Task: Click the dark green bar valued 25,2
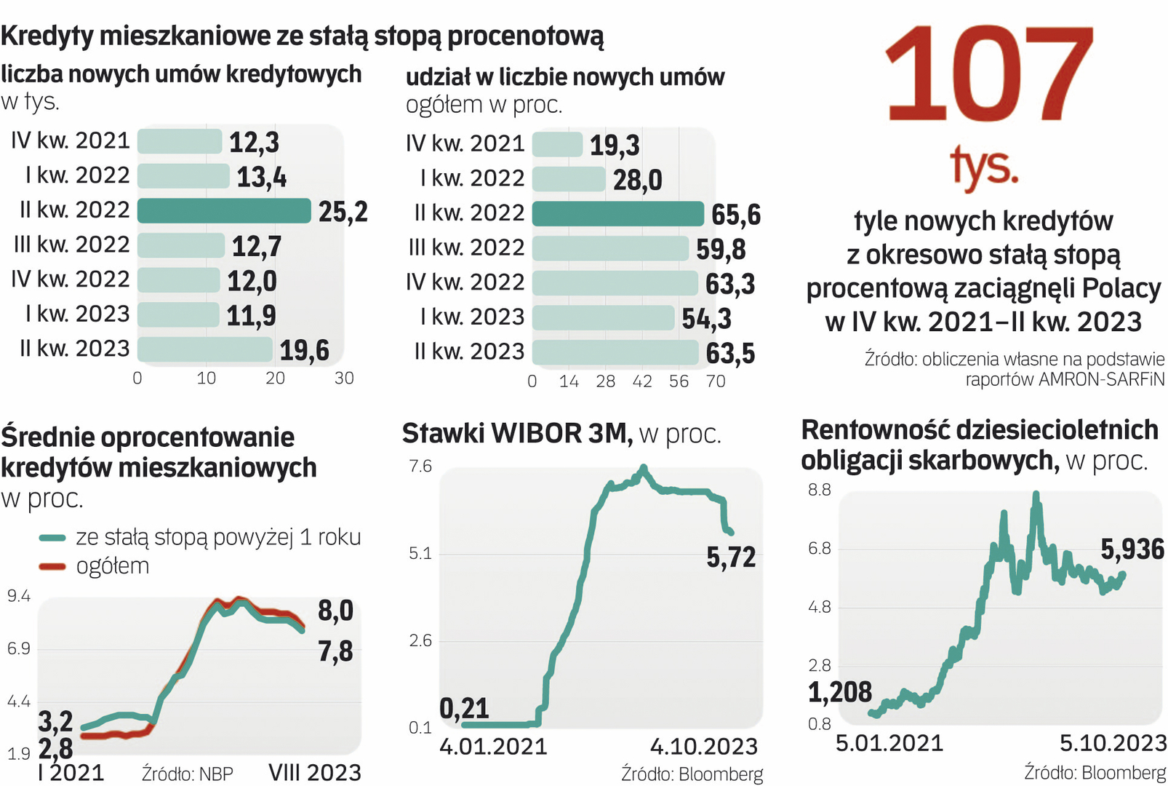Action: [x=223, y=210]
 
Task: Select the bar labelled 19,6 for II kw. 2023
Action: [x=204, y=349]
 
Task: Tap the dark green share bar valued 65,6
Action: [x=617, y=214]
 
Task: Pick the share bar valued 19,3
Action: [x=557, y=144]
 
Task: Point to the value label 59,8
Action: [x=721, y=250]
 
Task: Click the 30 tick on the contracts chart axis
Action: [x=344, y=378]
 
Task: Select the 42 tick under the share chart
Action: [x=642, y=381]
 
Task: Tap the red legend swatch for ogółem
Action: [x=52, y=566]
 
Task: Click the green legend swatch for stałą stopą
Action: [x=52, y=538]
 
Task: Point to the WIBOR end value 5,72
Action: [x=731, y=557]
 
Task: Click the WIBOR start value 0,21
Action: [x=464, y=708]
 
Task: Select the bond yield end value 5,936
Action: [x=1132, y=549]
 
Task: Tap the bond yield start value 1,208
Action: [x=840, y=692]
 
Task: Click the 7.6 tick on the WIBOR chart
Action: [x=420, y=466]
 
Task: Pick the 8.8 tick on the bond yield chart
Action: [x=819, y=490]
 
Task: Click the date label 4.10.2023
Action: [x=703, y=747]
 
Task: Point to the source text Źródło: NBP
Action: [x=187, y=774]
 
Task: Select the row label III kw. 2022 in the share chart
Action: [x=466, y=247]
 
